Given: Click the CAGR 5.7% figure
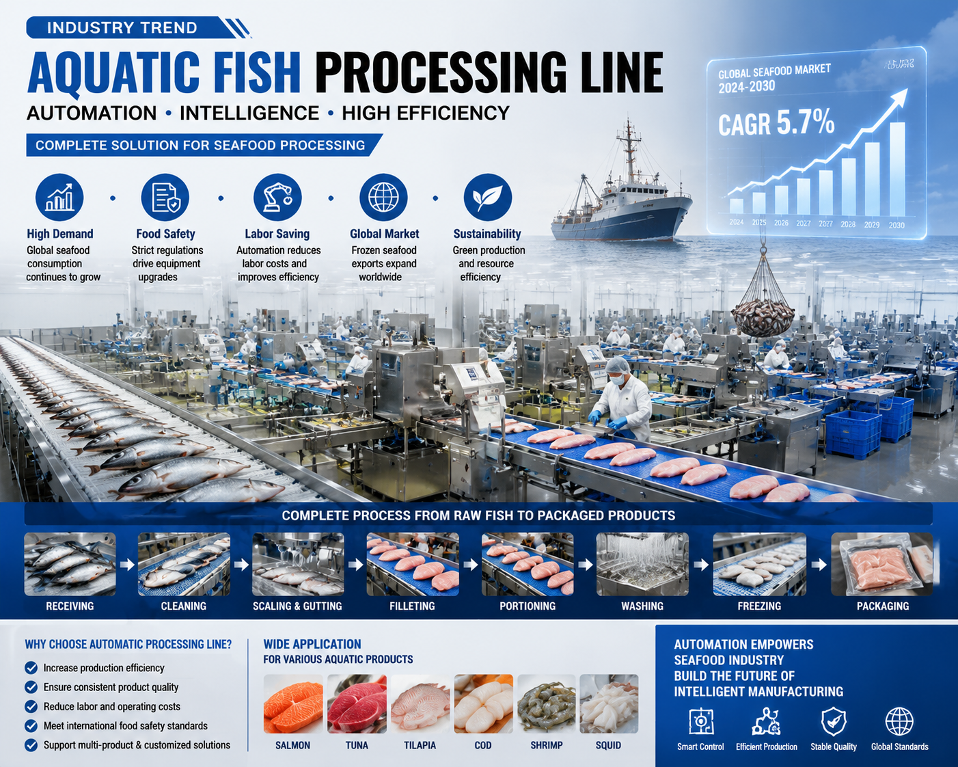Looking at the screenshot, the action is click(x=776, y=123).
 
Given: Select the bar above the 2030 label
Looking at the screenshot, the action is click(x=897, y=170).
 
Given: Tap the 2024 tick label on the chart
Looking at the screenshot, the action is click(x=737, y=222).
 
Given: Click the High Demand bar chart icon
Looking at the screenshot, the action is click(x=59, y=198).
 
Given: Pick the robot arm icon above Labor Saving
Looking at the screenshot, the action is click(x=277, y=198).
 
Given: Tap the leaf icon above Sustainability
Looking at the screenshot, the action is click(x=487, y=198).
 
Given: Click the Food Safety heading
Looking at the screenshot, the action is click(x=165, y=234).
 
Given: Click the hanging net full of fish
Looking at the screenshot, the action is click(x=763, y=308).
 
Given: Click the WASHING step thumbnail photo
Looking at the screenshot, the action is click(x=642, y=564).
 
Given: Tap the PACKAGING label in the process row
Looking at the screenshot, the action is click(x=883, y=606).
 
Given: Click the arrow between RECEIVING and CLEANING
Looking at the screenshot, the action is click(x=127, y=565).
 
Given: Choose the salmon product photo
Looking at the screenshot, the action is click(x=293, y=703).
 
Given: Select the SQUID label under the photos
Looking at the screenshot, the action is click(x=608, y=745).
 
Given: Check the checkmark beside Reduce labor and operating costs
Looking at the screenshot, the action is click(x=31, y=706).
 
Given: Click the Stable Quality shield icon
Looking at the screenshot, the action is click(x=834, y=721).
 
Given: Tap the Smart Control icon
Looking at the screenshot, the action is click(x=700, y=721).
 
